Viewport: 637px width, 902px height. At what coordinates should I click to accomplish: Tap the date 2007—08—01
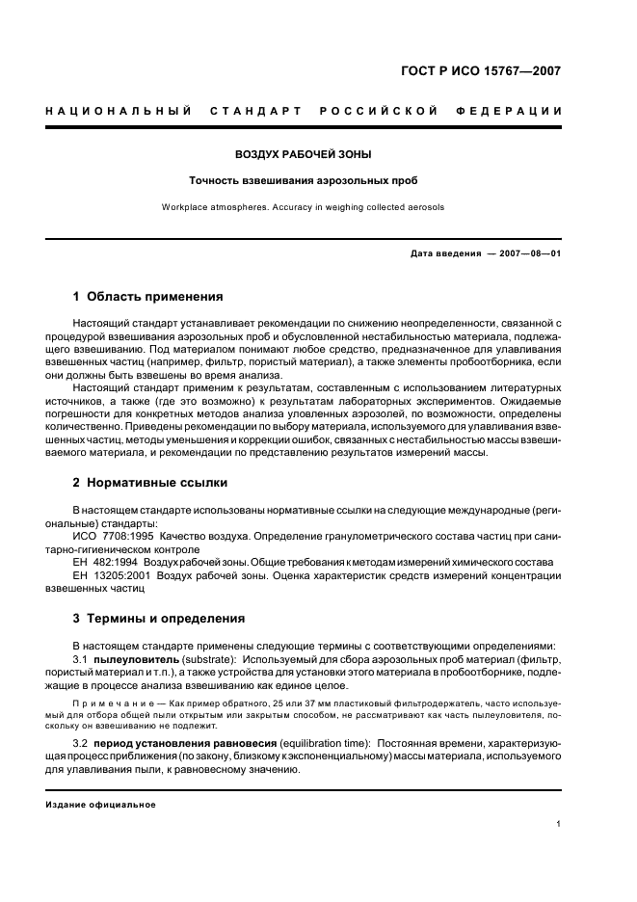pyautogui.click(x=528, y=253)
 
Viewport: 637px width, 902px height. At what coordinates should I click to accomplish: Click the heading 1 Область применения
pyautogui.click(x=147, y=296)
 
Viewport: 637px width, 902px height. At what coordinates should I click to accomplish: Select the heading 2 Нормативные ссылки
pyautogui.click(x=150, y=482)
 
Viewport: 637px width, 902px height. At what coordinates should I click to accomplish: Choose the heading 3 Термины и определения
pyautogui.click(x=159, y=618)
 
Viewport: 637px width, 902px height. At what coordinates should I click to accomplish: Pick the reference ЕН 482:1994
pyautogui.click(x=106, y=561)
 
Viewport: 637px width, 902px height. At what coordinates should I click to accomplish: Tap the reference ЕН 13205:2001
pyautogui.click(x=113, y=575)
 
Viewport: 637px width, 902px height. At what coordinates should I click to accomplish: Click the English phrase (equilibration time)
pyautogui.click(x=324, y=745)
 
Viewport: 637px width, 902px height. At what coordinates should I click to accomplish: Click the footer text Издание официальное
pyautogui.click(x=100, y=804)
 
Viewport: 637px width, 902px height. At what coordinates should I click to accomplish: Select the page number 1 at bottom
pyautogui.click(x=559, y=824)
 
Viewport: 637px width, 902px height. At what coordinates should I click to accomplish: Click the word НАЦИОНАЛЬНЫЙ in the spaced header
pyautogui.click(x=118, y=112)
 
